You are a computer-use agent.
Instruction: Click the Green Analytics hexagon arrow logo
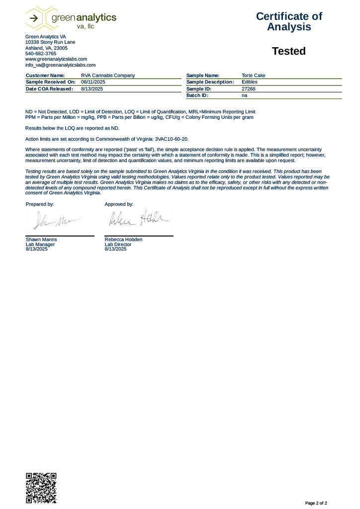pos(35,18)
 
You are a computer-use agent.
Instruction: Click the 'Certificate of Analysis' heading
pos(289,21)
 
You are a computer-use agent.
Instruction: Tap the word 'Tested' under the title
pos(289,51)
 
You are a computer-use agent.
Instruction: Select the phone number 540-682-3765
pos(41,54)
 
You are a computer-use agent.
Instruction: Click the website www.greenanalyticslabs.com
pos(56,59)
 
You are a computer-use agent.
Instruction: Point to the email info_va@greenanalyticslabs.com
pos(60,65)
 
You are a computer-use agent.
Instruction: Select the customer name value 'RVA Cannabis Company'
pos(108,76)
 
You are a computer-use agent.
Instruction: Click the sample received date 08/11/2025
pos(93,82)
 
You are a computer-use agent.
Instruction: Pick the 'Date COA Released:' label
pos(49,88)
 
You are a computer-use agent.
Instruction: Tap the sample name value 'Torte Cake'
pos(254,76)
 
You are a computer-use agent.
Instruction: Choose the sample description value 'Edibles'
pos(250,82)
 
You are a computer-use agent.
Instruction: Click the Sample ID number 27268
pos(248,88)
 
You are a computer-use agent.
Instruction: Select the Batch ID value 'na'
pos(244,95)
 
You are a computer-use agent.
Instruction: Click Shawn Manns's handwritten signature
pos(55,220)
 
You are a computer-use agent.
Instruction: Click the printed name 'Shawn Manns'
pos(41,240)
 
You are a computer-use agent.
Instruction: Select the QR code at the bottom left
pos(41,487)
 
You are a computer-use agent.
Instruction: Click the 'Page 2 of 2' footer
pos(316,503)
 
